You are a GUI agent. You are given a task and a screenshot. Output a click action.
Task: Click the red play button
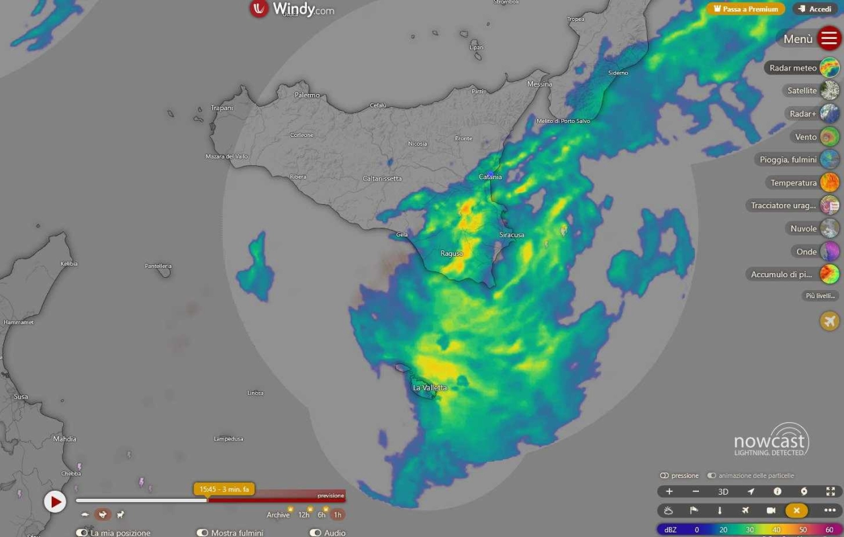[55, 501]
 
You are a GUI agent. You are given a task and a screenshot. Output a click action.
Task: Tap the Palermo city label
[308, 95]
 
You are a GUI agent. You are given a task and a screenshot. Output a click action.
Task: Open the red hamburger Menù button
[829, 38]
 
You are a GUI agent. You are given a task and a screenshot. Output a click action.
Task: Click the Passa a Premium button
[745, 9]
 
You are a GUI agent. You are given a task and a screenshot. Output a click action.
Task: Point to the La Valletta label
[430, 387]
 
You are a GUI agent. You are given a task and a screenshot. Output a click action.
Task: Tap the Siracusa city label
[512, 235]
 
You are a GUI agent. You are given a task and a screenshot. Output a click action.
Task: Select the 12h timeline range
[304, 515]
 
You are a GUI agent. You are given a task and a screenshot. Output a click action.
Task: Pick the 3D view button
[723, 492]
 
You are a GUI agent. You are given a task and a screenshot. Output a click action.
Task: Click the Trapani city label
[222, 108]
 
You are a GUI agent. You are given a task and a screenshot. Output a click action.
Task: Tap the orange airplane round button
[829, 321]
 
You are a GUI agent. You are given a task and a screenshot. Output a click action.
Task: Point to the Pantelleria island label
[158, 266]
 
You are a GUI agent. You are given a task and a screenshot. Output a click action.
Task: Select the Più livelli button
[820, 296]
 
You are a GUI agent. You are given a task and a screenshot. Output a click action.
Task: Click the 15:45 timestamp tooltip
[224, 489]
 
